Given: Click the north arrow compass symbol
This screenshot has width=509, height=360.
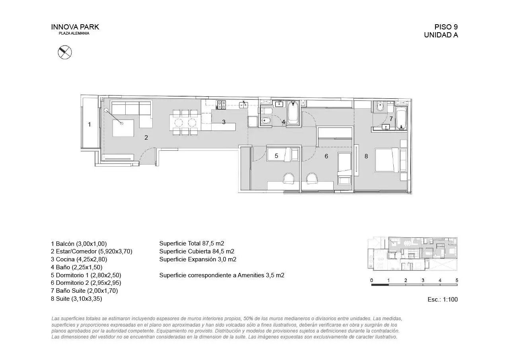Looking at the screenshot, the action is coord(65,52).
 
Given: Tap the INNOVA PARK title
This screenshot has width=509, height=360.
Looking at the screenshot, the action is coord(75,27).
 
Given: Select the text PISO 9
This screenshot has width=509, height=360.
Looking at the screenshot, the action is coord(446,27).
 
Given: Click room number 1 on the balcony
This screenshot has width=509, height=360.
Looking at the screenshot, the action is coord(89,125).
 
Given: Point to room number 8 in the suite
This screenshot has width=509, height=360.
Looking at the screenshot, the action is coord(366,156).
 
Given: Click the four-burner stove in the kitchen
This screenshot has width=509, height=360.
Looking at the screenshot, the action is coord(221,105).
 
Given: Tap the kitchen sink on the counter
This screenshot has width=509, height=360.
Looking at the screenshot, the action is coord(243,105).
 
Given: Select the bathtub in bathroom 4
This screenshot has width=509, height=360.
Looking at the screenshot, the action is coord(293,113).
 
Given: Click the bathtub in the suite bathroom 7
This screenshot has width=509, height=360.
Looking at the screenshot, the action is coord(401,118).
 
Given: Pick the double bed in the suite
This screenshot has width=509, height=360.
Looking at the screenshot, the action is coord(387,160).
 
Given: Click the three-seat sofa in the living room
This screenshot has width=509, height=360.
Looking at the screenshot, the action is coord(131,108).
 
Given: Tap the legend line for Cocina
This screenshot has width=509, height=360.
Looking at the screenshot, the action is coord(79,259).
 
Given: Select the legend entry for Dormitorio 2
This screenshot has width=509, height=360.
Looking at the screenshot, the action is coord(86,283).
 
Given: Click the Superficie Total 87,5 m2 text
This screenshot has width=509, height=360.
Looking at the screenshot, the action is coord(192,243).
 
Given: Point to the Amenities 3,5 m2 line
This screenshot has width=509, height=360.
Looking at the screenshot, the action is coord(221,275).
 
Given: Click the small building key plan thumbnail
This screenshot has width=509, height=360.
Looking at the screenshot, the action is coord(412,254).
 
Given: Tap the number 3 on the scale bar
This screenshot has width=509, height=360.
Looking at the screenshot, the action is coord(423,280).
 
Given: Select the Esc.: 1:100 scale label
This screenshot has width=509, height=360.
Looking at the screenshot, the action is coord(443,300).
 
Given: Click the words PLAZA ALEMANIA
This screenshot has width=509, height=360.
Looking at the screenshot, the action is coord(74,33).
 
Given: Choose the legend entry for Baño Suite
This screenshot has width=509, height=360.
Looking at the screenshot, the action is coord(84,291).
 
